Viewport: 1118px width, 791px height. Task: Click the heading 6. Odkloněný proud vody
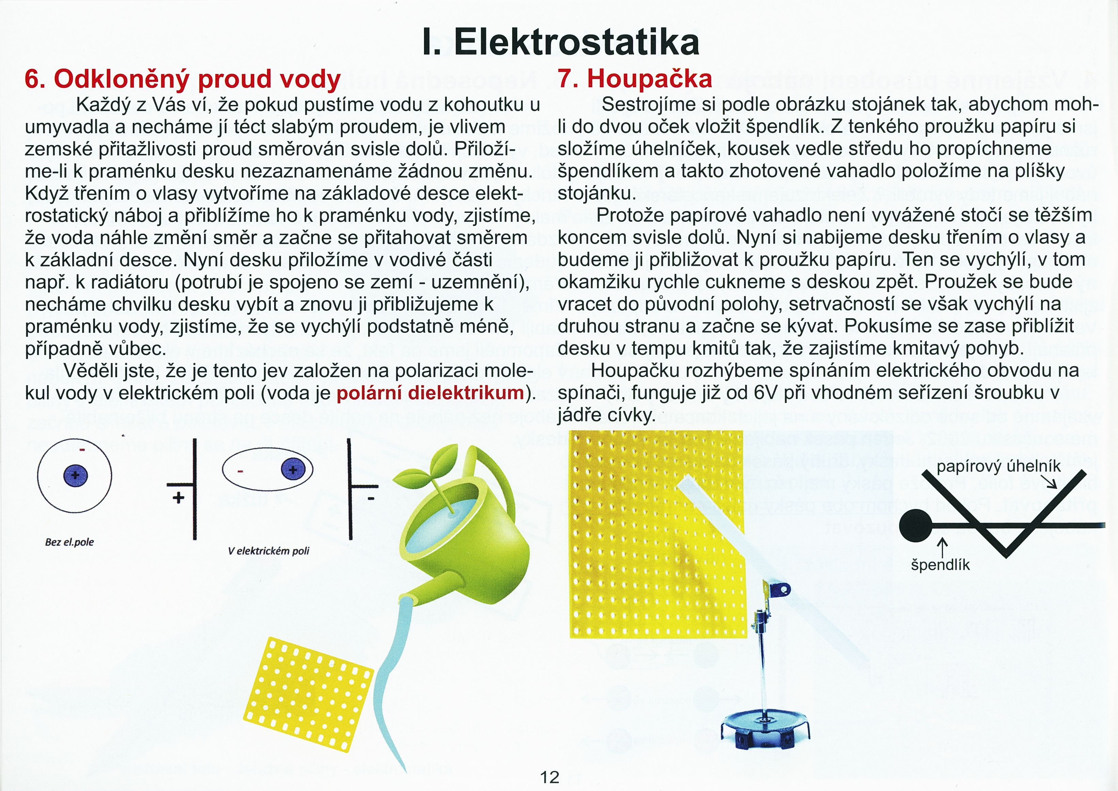point(182,79)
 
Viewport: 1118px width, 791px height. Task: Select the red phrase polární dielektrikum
point(430,392)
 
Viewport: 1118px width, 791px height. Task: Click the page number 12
point(550,777)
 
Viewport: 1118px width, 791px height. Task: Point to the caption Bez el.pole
point(69,542)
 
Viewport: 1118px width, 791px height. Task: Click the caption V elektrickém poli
point(268,551)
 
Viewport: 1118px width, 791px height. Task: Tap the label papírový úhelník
point(998,466)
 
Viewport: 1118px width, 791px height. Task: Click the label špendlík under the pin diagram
point(940,565)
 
